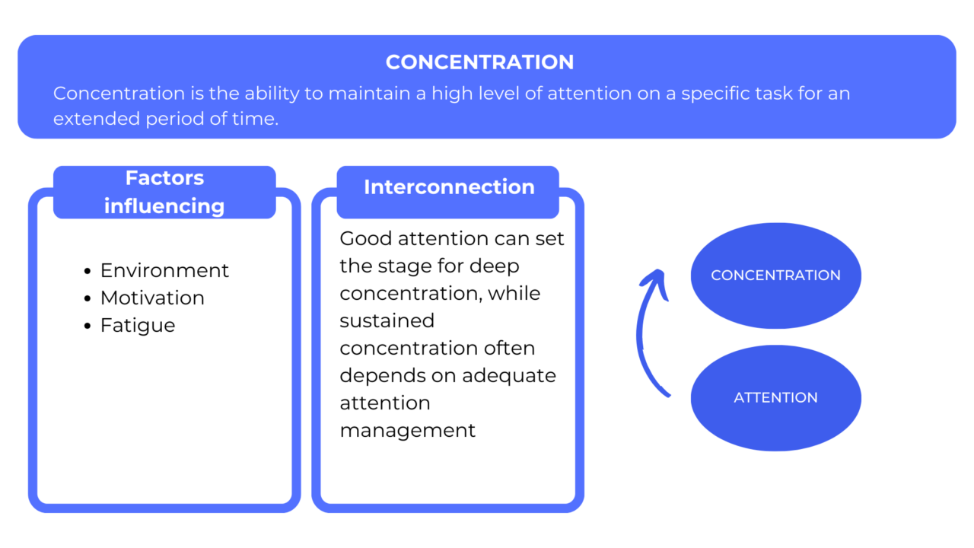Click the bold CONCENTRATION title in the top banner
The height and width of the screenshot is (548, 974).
click(479, 62)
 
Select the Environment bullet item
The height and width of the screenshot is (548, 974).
click(164, 270)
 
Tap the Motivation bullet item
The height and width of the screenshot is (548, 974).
click(152, 298)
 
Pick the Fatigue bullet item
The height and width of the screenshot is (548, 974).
click(138, 325)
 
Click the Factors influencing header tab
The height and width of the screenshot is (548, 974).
click(164, 192)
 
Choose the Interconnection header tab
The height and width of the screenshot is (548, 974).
click(449, 187)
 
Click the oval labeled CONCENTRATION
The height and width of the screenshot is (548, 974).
click(775, 276)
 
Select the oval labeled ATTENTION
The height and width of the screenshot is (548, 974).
click(775, 397)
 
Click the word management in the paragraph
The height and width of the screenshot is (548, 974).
click(407, 430)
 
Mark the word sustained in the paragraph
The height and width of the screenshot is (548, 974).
click(387, 320)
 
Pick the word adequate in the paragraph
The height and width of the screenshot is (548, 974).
click(509, 375)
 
